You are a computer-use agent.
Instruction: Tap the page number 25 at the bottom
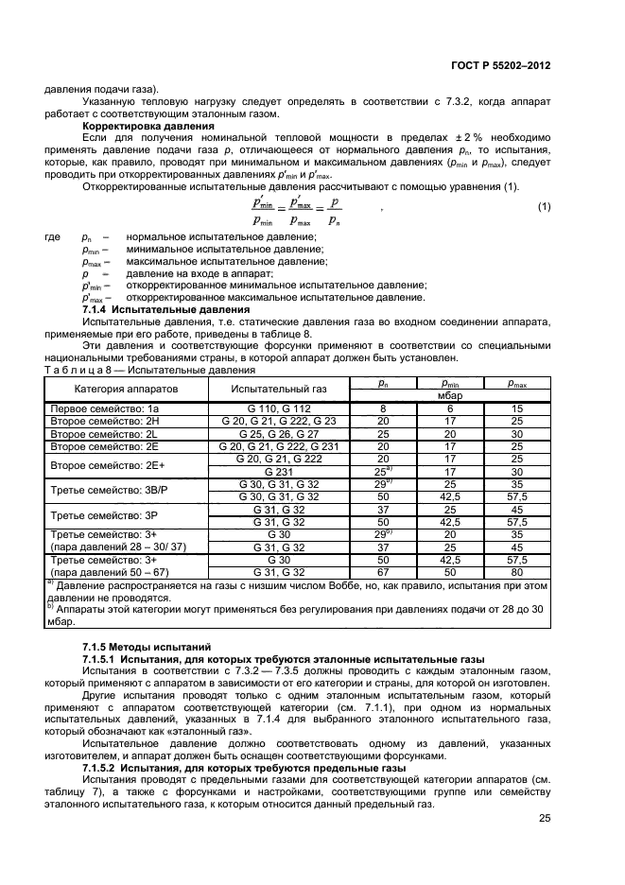545,819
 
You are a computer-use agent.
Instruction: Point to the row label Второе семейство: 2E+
108,464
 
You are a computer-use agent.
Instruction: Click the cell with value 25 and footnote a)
383,471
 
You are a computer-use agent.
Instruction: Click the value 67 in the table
383,570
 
